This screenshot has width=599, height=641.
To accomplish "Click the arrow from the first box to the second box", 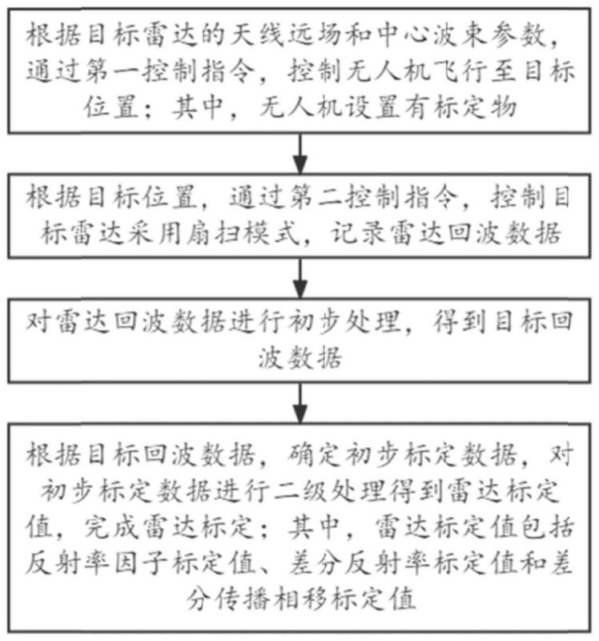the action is point(300,154).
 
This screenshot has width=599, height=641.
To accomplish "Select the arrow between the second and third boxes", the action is point(300,278).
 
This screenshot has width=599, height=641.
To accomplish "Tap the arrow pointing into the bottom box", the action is point(300,403).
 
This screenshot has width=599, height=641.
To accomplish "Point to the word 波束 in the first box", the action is point(460,35).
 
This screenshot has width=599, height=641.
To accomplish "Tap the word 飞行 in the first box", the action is point(460,71).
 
